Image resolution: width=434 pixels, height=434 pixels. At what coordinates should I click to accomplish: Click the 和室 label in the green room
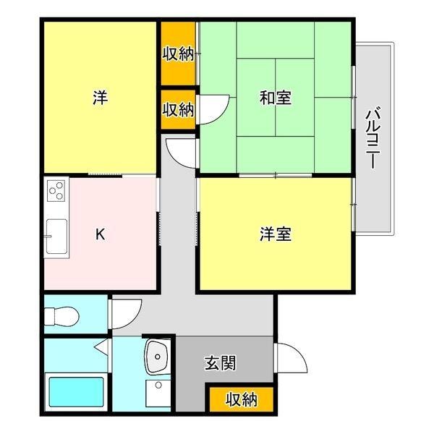click(275, 98)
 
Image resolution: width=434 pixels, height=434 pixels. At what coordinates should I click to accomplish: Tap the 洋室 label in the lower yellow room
click(275, 234)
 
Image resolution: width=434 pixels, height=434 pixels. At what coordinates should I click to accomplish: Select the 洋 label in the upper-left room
click(100, 98)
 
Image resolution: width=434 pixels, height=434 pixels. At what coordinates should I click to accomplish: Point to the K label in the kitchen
click(101, 234)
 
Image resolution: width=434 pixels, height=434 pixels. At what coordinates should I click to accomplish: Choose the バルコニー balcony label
click(373, 137)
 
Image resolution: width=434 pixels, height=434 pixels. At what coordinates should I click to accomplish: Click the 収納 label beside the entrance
click(241, 399)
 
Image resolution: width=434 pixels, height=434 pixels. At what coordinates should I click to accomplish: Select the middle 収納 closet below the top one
click(177, 110)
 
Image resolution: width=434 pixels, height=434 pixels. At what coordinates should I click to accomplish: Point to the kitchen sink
click(55, 237)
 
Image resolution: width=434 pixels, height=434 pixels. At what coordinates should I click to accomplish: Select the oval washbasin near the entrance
click(157, 356)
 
